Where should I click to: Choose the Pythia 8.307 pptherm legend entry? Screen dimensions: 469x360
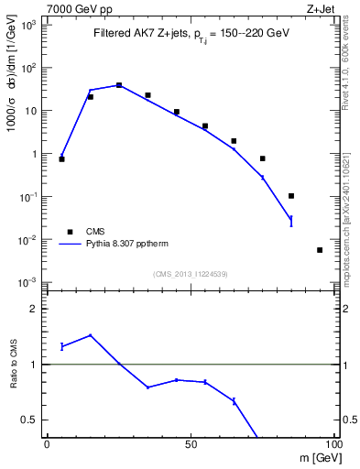click(122, 245)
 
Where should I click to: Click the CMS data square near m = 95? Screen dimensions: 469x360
click(320, 249)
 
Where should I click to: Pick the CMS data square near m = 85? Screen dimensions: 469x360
click(291, 195)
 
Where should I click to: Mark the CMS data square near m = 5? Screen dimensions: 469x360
click(61, 159)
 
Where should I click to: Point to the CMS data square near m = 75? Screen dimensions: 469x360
click(263, 158)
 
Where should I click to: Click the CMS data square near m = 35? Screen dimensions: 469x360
click(147, 95)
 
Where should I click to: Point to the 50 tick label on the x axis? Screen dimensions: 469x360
click(191, 446)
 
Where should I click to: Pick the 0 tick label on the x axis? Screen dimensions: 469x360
click(47, 446)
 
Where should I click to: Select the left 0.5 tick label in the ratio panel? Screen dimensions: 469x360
click(29, 420)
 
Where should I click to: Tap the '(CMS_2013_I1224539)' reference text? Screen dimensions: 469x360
click(191, 273)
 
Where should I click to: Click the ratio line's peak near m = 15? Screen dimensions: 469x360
click(90, 335)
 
